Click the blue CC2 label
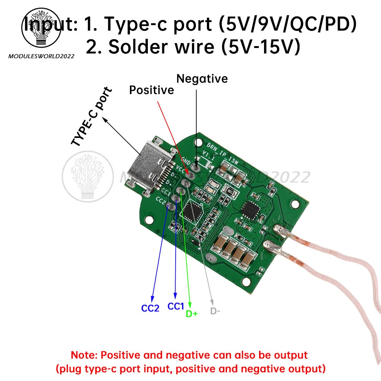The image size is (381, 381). [x=150, y=308]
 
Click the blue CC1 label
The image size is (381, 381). [x=176, y=306]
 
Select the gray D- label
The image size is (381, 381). [x=215, y=311]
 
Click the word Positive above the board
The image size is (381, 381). [x=151, y=90]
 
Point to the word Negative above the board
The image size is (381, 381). [x=202, y=78]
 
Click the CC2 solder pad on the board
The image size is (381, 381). [x=171, y=207]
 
